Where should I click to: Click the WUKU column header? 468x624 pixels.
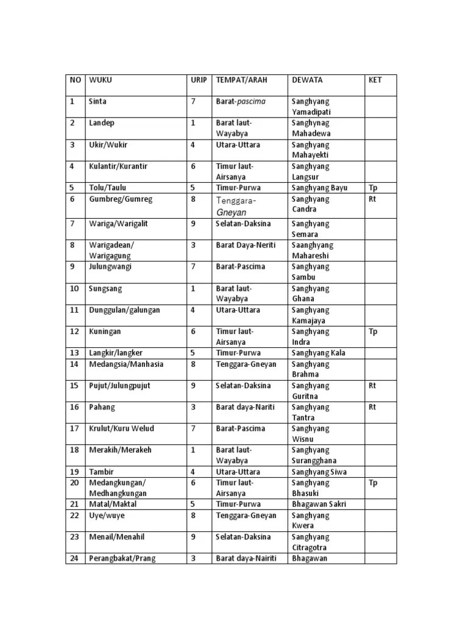[x=101, y=80]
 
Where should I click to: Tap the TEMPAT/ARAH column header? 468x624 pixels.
[x=241, y=80]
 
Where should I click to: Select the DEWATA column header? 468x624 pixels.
[x=307, y=80]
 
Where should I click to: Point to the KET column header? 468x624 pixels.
[x=375, y=80]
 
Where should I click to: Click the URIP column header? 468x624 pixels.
[x=199, y=80]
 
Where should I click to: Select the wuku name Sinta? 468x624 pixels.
[x=97, y=101]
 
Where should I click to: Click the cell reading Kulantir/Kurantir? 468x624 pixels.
[x=118, y=166]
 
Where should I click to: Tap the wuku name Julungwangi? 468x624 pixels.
[x=110, y=267]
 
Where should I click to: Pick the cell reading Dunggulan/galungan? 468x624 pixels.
[x=124, y=310]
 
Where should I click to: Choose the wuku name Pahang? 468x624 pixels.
[x=102, y=407]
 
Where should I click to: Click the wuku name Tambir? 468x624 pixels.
[x=101, y=472]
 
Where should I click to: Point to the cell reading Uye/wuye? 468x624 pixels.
[x=107, y=516]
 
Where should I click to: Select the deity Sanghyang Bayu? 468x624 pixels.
[x=319, y=188]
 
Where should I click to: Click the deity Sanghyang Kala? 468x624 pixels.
[x=319, y=353]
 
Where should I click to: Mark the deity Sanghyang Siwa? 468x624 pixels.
[x=319, y=472]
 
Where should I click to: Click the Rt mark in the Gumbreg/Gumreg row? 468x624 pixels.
[x=372, y=199]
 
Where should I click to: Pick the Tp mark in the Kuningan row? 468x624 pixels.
[x=373, y=331]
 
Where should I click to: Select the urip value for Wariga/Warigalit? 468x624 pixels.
[x=193, y=224]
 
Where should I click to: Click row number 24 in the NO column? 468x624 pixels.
[x=73, y=558]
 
